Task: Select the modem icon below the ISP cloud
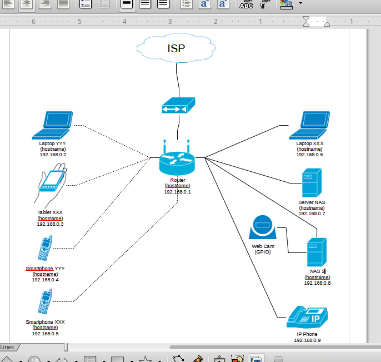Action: coord(178,106)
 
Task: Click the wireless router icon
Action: coord(177,161)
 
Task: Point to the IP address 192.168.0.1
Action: coord(177,192)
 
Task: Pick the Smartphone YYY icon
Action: coord(45,249)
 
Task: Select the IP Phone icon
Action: coord(307,318)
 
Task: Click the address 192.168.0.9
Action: coord(307,340)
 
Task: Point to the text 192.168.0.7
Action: coord(312,214)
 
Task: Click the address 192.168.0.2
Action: coord(53,155)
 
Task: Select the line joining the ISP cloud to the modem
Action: coord(178,78)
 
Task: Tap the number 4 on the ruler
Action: coord(124,22)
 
